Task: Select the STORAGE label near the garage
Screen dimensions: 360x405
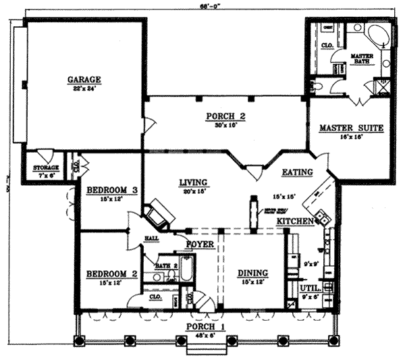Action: tap(46, 167)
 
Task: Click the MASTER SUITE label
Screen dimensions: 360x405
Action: tap(351, 127)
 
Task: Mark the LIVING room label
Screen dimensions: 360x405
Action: tap(193, 181)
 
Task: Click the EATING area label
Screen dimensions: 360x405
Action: tap(297, 172)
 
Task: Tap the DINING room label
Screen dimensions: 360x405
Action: tap(252, 273)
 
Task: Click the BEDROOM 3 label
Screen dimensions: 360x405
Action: tap(112, 190)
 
